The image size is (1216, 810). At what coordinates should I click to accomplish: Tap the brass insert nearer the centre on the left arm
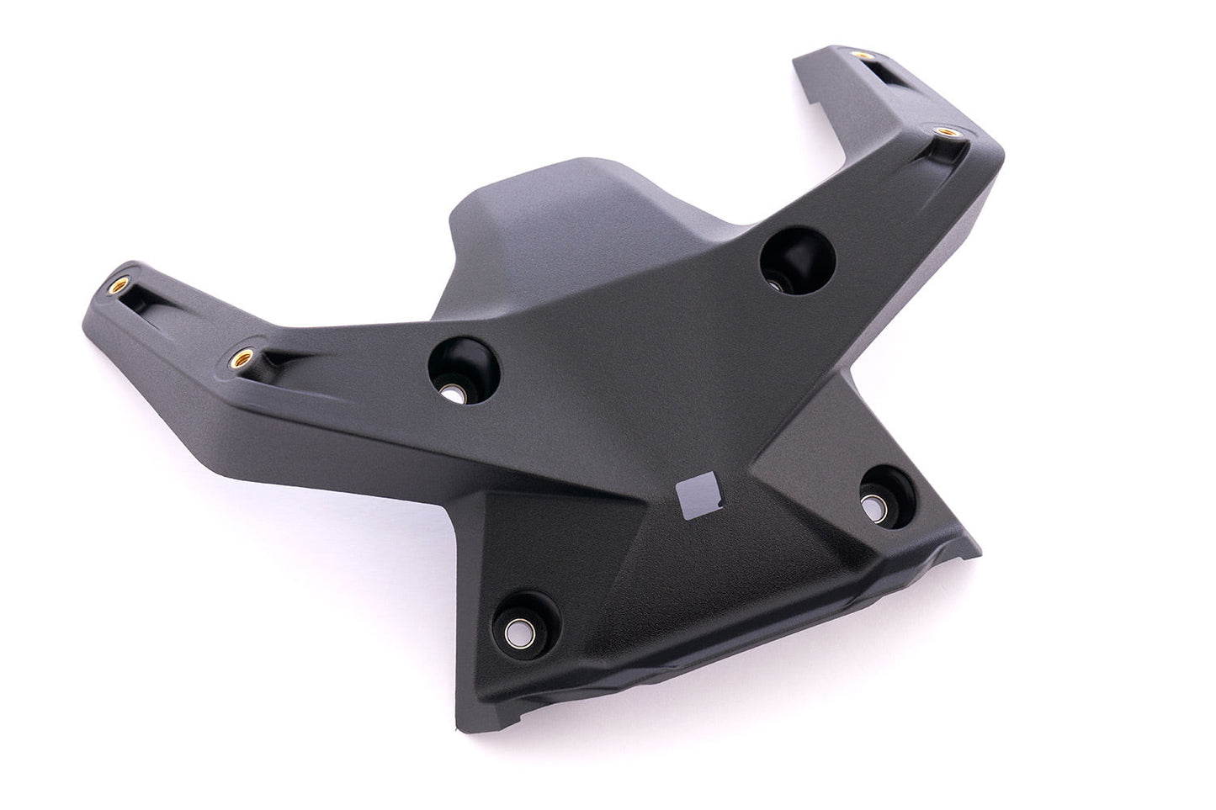242,357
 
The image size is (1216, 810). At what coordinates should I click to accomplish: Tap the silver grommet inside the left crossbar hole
455,392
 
